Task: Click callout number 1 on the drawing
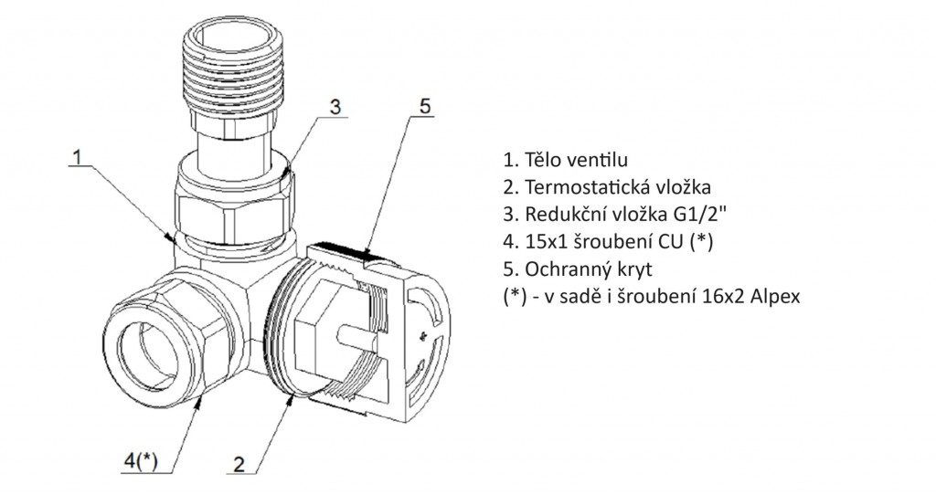pos(80,157)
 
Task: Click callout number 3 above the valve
pos(335,107)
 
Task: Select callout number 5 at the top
pos(424,105)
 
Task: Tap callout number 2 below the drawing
pos(239,462)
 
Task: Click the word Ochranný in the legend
pos(563,270)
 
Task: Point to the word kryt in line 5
pos(626,270)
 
